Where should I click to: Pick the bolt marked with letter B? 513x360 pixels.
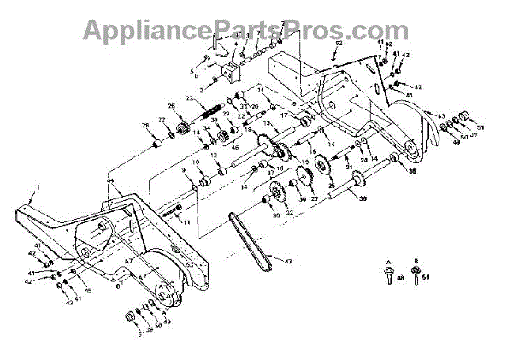pyautogui.click(x=415, y=275)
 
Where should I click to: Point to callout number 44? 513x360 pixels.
pyautogui.click(x=110, y=181)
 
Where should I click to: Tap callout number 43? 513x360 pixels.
pyautogui.click(x=441, y=115)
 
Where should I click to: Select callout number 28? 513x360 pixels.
pyautogui.click(x=145, y=127)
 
